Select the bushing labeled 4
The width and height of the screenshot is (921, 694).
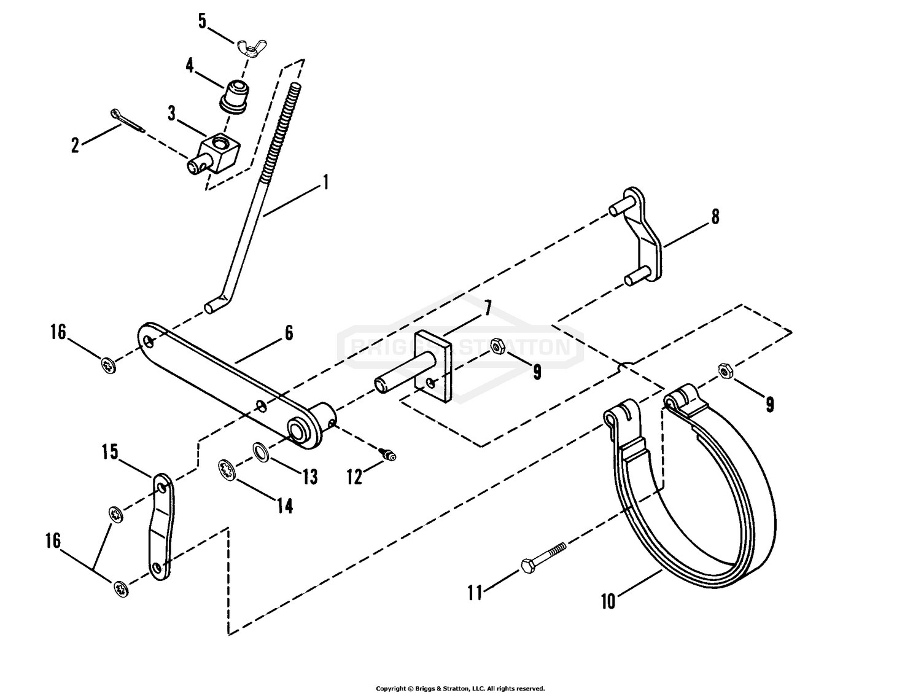pyautogui.click(x=234, y=95)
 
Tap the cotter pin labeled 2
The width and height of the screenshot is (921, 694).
pyautogui.click(x=128, y=121)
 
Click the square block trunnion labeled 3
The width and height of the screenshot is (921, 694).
pyautogui.click(x=218, y=150)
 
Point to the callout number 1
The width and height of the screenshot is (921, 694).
pyautogui.click(x=325, y=182)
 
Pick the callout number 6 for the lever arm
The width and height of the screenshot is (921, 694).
pyautogui.click(x=289, y=333)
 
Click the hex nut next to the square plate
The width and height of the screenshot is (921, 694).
pyautogui.click(x=499, y=347)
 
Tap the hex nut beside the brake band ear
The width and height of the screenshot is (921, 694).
pyautogui.click(x=725, y=372)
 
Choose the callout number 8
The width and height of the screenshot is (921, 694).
pyautogui.click(x=715, y=217)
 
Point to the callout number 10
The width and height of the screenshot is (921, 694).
pyautogui.click(x=607, y=601)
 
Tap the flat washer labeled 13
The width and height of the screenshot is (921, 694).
pyautogui.click(x=262, y=453)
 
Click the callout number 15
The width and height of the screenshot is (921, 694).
pyautogui.click(x=110, y=453)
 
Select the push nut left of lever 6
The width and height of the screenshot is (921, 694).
pyautogui.click(x=109, y=364)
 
